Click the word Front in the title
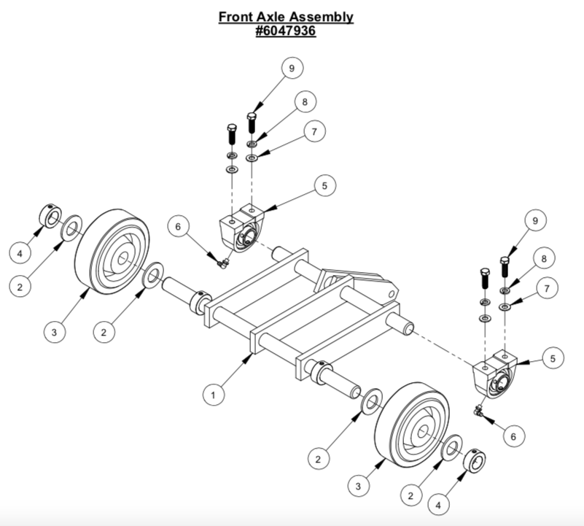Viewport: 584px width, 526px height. pyautogui.click(x=238, y=16)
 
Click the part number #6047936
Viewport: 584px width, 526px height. pyautogui.click(x=287, y=31)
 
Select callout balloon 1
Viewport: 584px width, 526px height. pyautogui.click(x=212, y=395)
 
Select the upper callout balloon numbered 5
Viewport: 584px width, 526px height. pyautogui.click(x=326, y=186)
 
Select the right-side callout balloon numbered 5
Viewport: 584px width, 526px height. pyautogui.click(x=553, y=358)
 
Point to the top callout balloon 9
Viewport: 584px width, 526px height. pyautogui.click(x=291, y=68)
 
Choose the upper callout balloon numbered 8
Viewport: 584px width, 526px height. pyautogui.click(x=307, y=102)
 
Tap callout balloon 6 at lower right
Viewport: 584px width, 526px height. pyautogui.click(x=513, y=436)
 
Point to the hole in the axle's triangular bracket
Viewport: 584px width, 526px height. pyautogui.click(x=394, y=293)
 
